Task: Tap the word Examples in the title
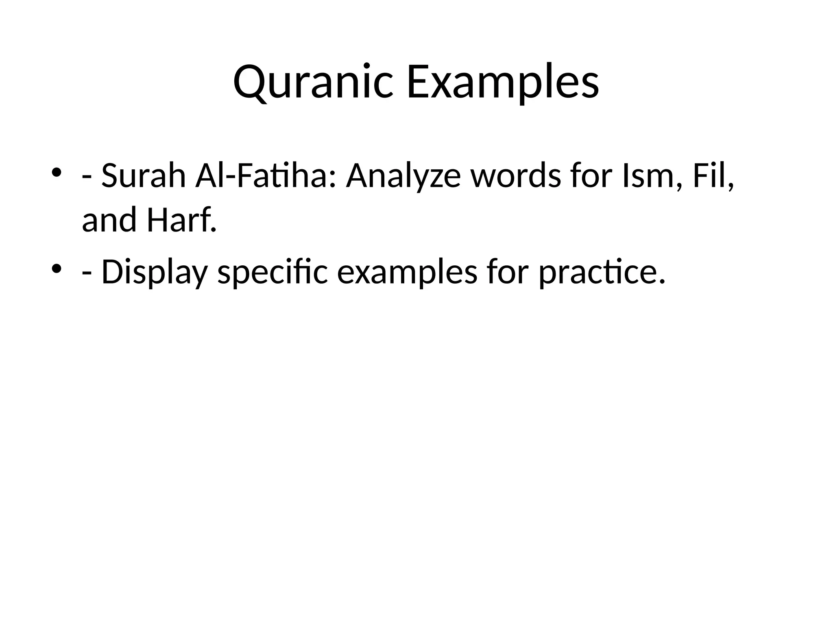click(502, 83)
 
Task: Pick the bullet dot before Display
click(57, 268)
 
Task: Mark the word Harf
click(181, 220)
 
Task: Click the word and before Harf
click(109, 220)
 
